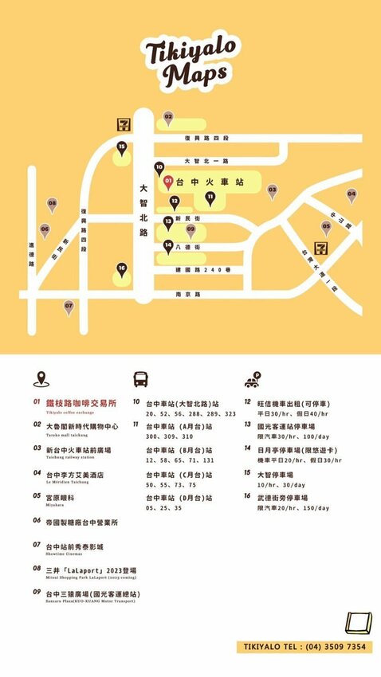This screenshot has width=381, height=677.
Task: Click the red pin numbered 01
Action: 168,182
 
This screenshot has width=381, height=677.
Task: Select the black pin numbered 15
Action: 122,148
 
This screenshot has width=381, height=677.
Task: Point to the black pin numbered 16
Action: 122,270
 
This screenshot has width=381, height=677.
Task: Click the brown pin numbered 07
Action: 69,307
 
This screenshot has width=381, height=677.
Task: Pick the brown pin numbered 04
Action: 352,194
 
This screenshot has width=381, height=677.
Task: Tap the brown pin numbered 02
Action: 168,118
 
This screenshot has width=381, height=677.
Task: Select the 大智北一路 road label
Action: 206,161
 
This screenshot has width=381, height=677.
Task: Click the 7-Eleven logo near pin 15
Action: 124,124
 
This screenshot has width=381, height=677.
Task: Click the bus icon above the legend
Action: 141,379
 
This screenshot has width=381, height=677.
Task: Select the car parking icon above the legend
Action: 255,379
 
